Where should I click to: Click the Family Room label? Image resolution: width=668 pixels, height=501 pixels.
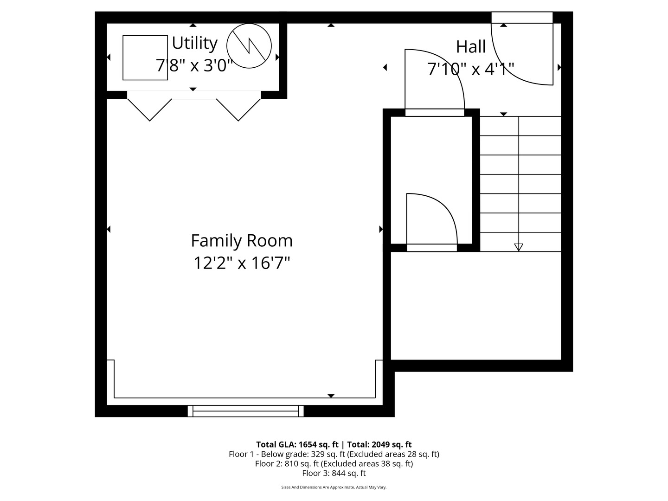click(242, 241)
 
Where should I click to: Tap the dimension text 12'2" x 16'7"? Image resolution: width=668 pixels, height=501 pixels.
click(242, 263)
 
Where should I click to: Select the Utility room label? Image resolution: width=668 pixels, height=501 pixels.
click(194, 43)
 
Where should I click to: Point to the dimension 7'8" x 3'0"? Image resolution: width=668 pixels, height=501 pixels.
click(194, 65)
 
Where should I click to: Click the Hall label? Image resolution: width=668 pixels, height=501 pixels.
click(471, 46)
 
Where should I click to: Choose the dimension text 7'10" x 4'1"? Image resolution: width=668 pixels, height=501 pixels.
click(471, 69)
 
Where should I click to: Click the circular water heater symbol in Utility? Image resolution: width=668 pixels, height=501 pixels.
click(249, 46)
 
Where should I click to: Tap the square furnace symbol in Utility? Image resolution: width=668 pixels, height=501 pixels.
click(145, 58)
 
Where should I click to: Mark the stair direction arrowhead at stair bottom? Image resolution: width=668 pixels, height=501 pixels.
click(519, 247)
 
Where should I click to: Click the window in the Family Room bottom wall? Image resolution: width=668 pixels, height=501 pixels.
click(246, 411)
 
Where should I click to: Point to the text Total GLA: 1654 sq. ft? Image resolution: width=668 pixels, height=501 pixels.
click(297, 444)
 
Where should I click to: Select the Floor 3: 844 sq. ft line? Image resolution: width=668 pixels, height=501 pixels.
click(334, 473)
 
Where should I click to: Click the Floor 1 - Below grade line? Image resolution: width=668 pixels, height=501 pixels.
click(334, 454)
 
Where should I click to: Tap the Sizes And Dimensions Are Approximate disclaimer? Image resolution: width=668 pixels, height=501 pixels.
click(334, 487)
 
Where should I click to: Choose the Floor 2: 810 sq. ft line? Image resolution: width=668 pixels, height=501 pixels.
click(334, 463)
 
